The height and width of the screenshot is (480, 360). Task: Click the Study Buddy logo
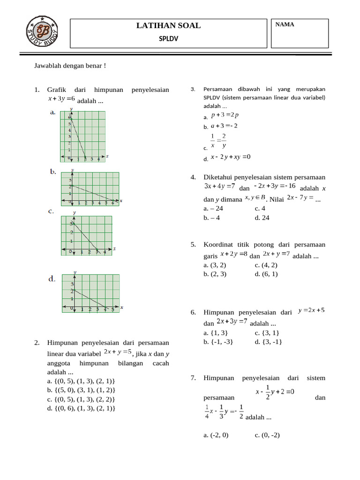43,32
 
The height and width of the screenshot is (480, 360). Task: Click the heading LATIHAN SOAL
168,26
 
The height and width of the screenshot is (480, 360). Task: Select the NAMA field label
285,25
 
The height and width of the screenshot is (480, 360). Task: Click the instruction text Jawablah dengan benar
70,65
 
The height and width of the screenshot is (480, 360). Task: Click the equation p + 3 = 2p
225,115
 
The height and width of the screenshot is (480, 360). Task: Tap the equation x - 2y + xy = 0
231,157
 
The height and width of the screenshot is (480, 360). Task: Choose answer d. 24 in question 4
262,217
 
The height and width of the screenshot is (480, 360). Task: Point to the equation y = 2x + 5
311,310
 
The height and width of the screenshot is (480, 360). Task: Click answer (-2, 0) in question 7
216,435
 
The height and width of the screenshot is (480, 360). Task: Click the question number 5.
193,245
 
